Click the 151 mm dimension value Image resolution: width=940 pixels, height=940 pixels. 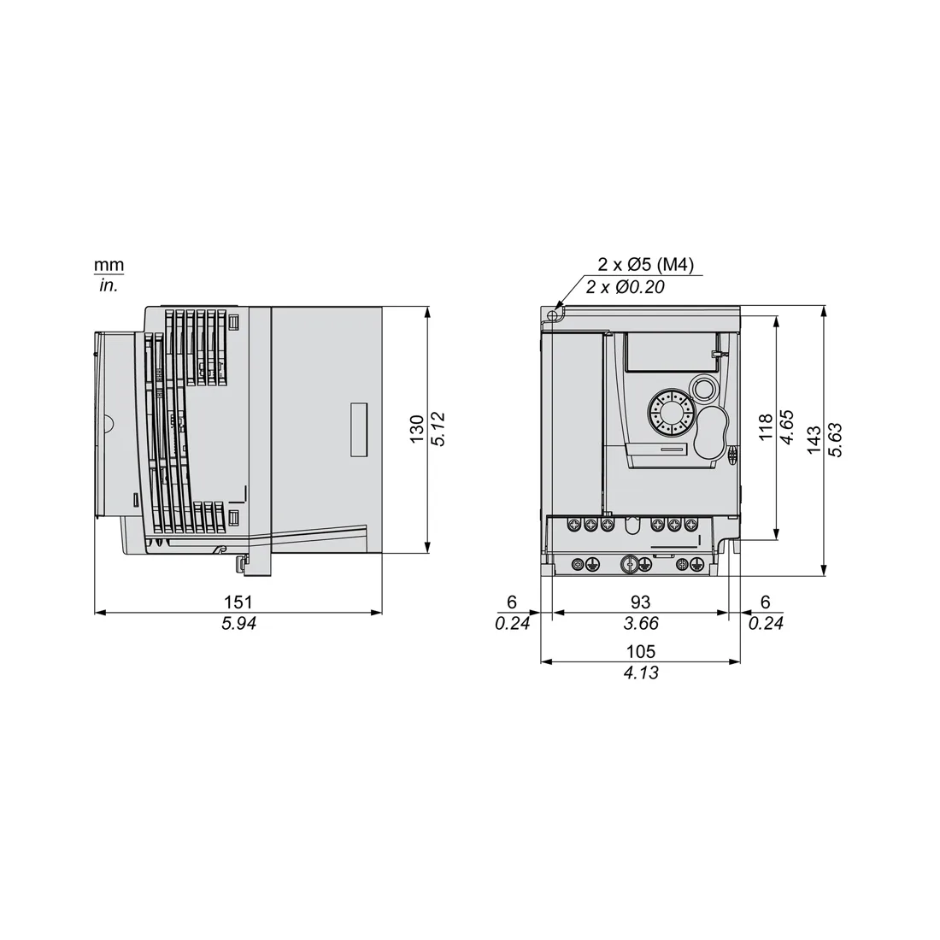(x=238, y=602)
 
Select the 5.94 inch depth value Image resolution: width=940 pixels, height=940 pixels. (x=238, y=624)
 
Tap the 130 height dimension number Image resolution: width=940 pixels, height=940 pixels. (x=417, y=429)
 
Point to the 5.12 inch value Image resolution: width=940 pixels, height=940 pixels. (x=438, y=429)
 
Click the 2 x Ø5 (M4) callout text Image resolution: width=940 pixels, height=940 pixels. (x=646, y=264)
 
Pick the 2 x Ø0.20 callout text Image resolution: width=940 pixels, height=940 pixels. (x=626, y=287)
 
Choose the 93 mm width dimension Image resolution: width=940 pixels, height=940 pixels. (x=640, y=602)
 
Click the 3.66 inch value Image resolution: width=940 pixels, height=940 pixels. (x=641, y=624)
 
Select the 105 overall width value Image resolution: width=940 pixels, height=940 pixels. (x=641, y=651)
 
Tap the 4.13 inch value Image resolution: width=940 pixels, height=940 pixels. (x=641, y=673)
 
